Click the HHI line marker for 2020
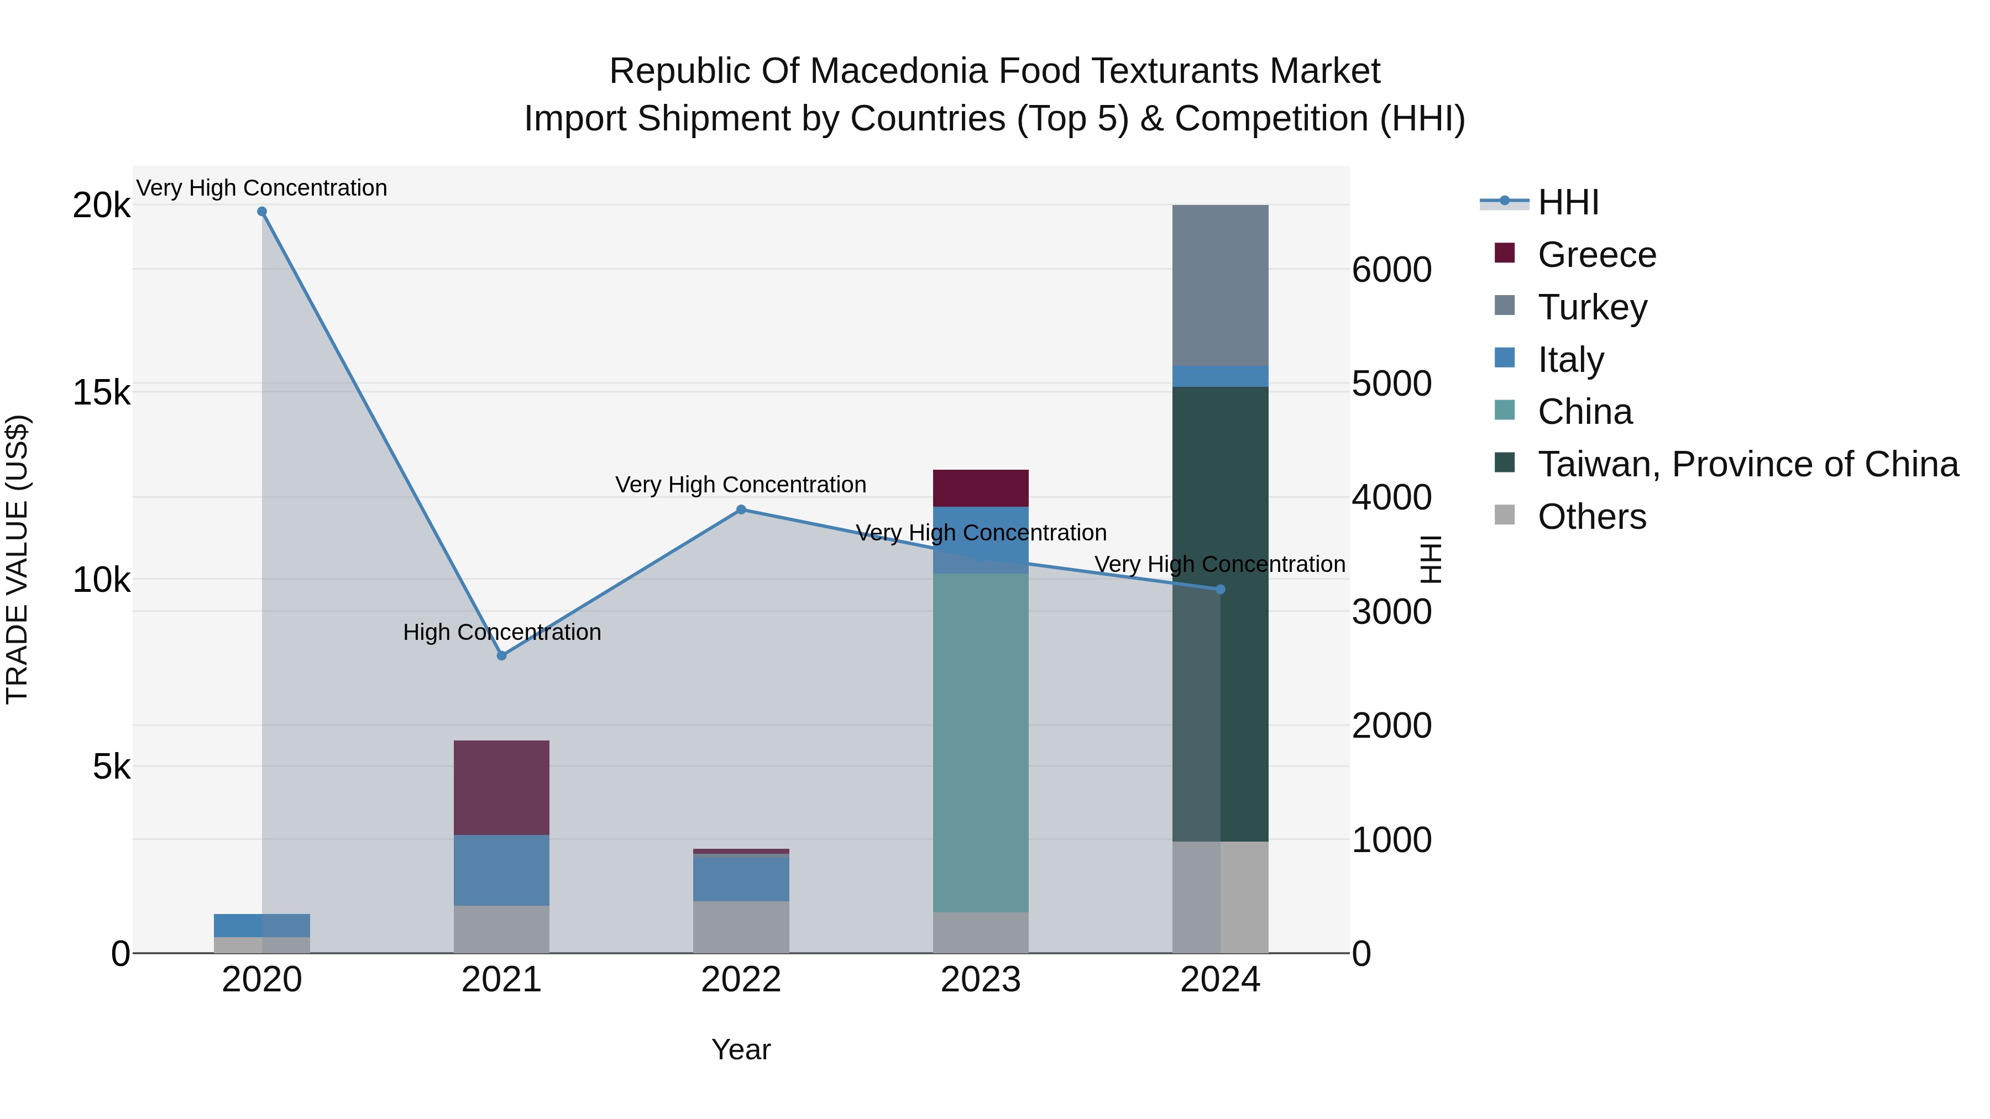(262, 212)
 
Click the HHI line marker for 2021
(501, 655)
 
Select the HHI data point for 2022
(741, 509)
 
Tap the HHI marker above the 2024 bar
(1221, 589)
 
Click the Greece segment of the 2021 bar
(501, 787)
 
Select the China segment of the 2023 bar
(980, 742)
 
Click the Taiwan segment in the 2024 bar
(1244, 618)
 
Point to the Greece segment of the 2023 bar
(980, 488)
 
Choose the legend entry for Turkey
(1591, 307)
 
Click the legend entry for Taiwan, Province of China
(1747, 464)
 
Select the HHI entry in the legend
(1568, 202)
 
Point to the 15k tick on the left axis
(101, 392)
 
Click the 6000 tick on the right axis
(1391, 270)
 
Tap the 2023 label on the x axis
(980, 980)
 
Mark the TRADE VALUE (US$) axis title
(17, 559)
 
